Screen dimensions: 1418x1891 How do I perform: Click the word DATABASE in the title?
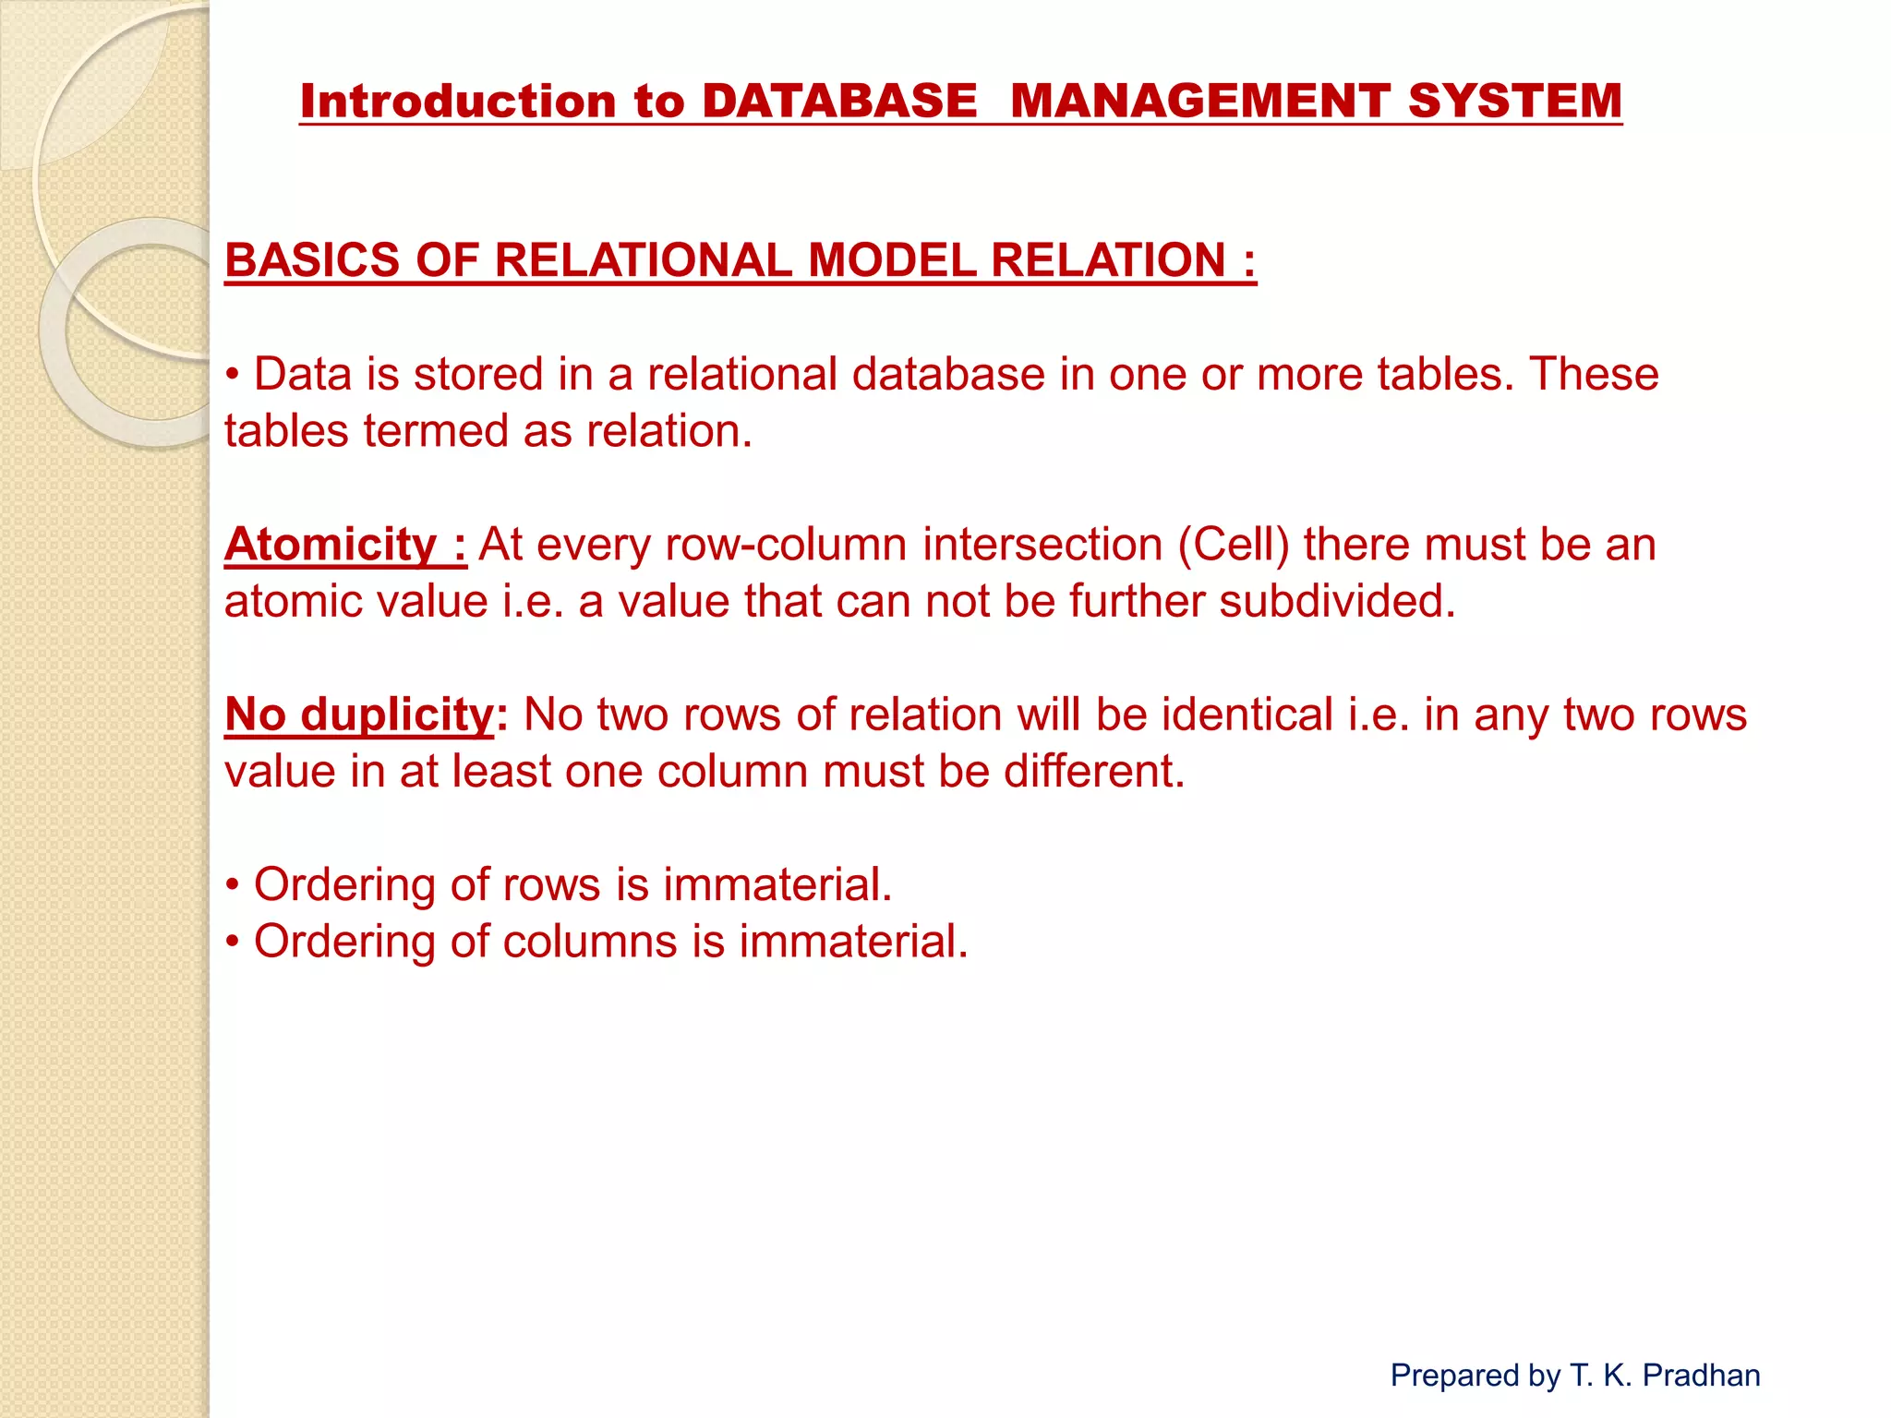click(838, 101)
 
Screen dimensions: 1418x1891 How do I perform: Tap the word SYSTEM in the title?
click(1514, 101)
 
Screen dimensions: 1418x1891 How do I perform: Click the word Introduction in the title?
click(458, 101)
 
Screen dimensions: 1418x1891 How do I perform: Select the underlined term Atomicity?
click(331, 544)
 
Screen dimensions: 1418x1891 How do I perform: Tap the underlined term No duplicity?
click(360, 715)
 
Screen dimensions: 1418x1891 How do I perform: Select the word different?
click(1094, 771)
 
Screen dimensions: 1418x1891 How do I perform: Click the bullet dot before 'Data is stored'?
click(234, 376)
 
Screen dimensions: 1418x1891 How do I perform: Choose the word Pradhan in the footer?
click(1701, 1376)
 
